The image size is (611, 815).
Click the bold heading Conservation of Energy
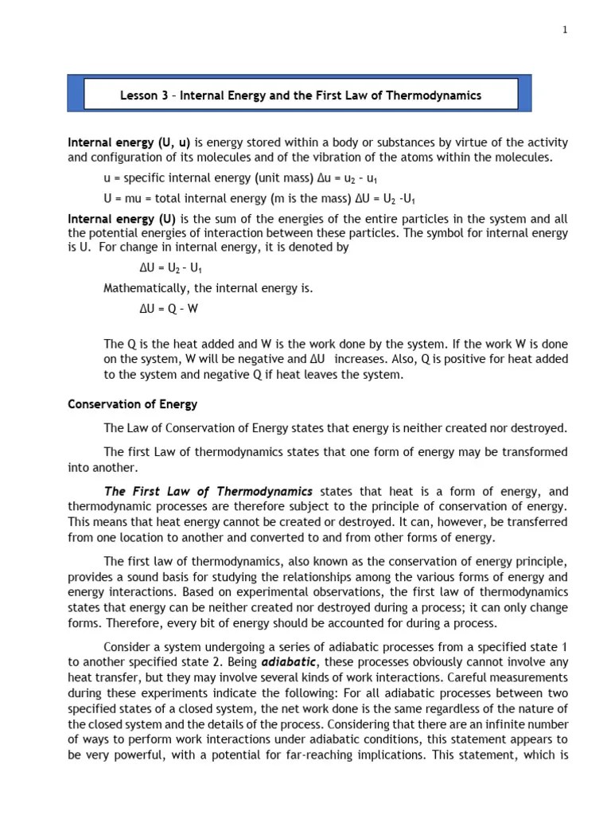pos(133,404)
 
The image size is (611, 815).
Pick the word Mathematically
pos(146,289)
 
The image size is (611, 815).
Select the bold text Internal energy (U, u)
pos(129,142)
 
